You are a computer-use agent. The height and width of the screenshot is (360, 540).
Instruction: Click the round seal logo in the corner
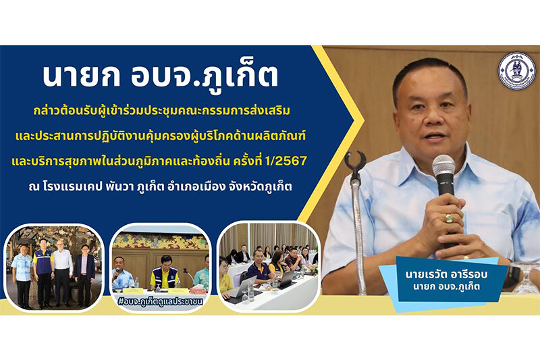(516, 71)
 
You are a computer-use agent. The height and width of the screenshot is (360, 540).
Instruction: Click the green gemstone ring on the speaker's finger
(449, 217)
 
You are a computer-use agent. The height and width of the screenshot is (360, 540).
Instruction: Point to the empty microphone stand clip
(355, 161)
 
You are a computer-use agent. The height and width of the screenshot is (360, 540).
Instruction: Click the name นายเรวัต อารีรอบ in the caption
(447, 275)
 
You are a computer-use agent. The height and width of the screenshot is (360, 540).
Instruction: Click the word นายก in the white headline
(81, 76)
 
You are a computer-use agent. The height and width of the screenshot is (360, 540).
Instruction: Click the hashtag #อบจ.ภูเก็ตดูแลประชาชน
(160, 301)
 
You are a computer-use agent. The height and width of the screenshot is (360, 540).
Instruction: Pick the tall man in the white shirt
(62, 272)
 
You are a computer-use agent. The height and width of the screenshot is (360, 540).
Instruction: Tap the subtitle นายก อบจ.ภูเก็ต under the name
(447, 286)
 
